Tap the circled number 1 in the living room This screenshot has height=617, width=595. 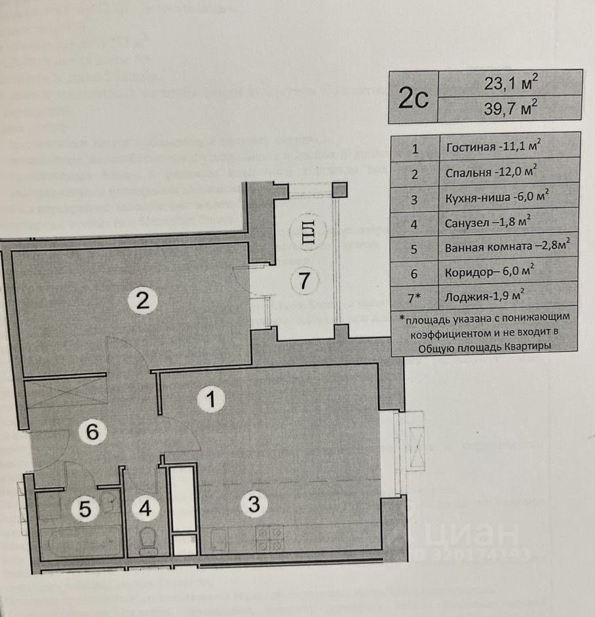211,399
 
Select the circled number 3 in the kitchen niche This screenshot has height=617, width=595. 254,504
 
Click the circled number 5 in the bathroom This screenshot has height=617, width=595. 85,509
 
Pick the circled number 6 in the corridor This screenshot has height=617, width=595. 92,432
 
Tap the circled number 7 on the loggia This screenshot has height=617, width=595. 303,281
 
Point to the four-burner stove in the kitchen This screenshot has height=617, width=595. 269,538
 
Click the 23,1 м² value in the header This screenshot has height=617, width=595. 510,83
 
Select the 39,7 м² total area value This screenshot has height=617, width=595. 510,108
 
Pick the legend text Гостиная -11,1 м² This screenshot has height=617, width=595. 491,147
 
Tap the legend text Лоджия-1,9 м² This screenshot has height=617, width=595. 484,297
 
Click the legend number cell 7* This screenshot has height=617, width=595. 414,297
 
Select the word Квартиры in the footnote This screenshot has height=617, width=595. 528,346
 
